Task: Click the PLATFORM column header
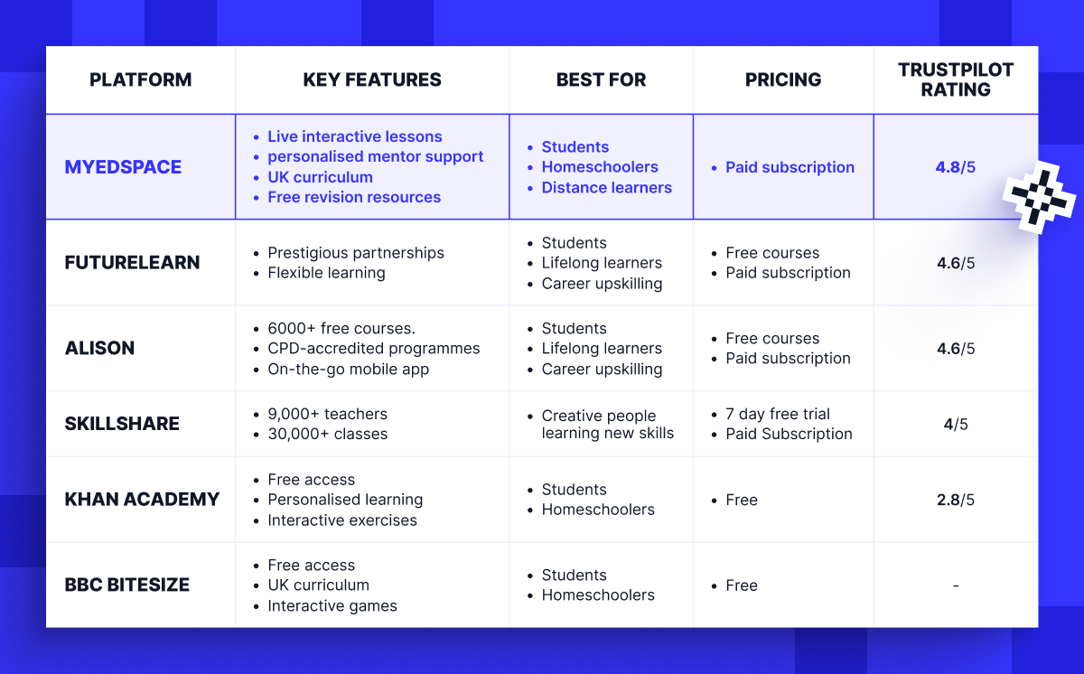140,80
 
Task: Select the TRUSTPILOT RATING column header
956,80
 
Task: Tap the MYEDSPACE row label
123,167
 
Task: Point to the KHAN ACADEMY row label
142,500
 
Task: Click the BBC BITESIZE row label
127,585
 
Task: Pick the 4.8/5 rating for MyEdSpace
956,167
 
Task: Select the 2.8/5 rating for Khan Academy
956,500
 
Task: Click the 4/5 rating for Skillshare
956,424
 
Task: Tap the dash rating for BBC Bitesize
956,586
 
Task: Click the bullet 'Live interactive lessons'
354,136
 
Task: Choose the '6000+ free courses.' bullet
341,328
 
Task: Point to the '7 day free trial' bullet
777,414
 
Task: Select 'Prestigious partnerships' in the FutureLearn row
356,253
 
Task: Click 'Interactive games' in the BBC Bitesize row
332,606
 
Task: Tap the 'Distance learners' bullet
606,188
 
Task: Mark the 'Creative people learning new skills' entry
607,425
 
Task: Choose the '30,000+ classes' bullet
327,434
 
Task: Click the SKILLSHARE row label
122,424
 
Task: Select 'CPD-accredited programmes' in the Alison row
374,349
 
